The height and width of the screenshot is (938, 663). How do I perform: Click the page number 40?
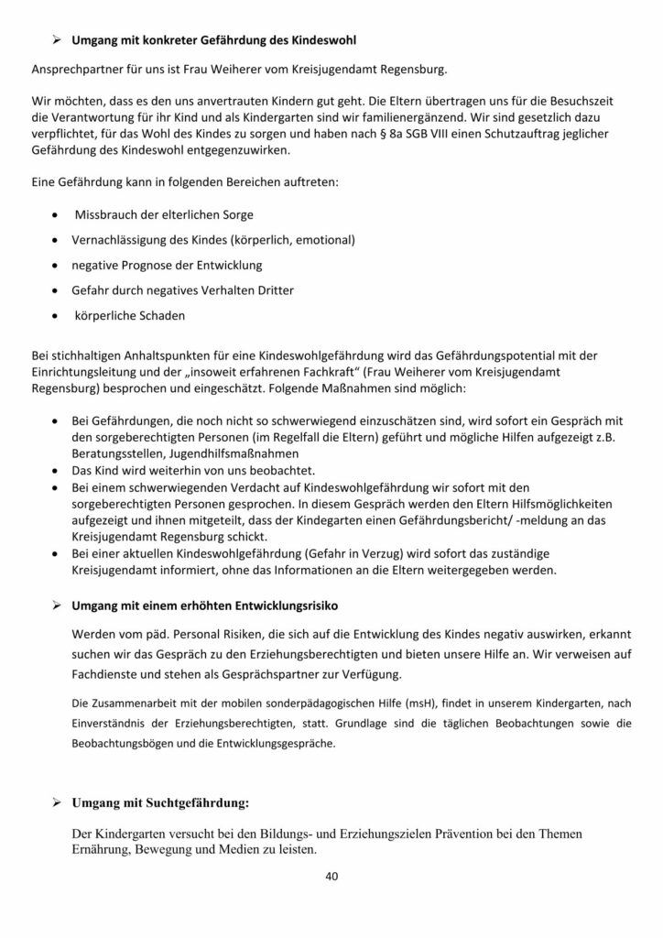tap(331, 875)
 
